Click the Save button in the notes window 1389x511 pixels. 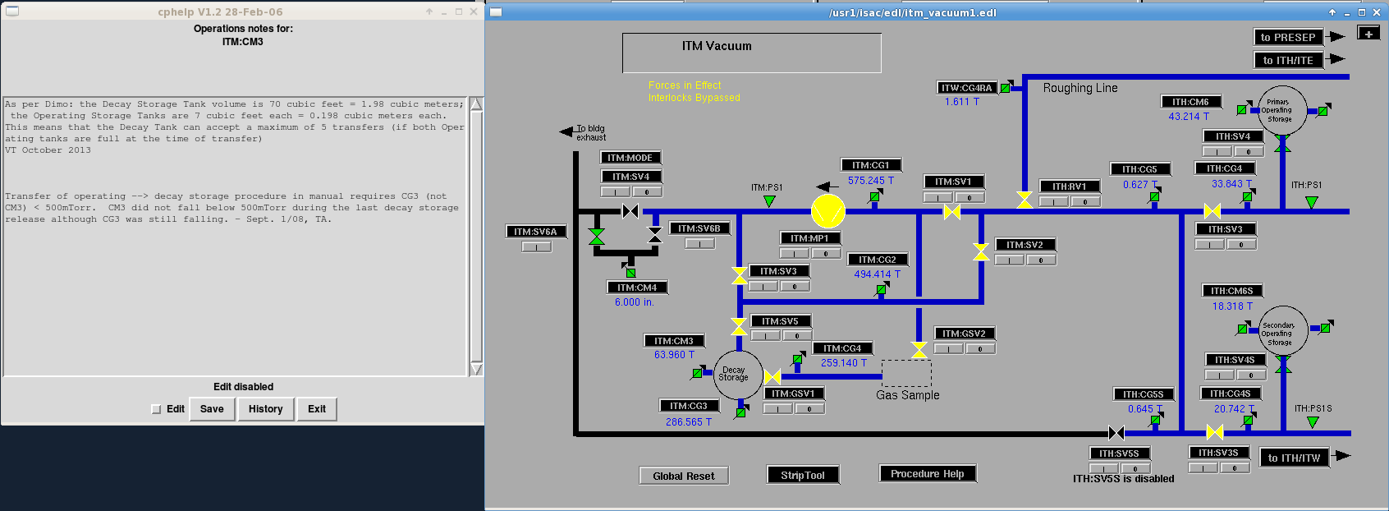pyautogui.click(x=212, y=409)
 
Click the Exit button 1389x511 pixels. pyautogui.click(x=316, y=409)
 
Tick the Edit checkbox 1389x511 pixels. pyautogui.click(x=157, y=409)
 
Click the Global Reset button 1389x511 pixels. pyautogui.click(x=684, y=476)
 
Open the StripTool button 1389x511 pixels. pyautogui.click(x=802, y=475)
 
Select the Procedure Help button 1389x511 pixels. pyautogui.click(x=927, y=473)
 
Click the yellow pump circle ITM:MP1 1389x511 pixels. pyautogui.click(x=827, y=211)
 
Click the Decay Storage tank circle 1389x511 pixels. pyautogui.click(x=737, y=375)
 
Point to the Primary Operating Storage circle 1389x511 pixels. pyautogui.click(x=1281, y=111)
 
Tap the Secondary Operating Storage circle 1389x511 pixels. pyautogui.click(x=1282, y=331)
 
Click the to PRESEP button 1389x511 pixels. pyautogui.click(x=1288, y=37)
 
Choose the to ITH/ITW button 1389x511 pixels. pyautogui.click(x=1294, y=458)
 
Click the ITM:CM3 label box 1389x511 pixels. pyautogui.click(x=674, y=341)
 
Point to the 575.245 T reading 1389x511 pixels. pyautogui.click(x=870, y=181)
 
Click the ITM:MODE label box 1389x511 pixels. pyautogui.click(x=630, y=158)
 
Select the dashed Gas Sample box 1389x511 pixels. pyautogui.click(x=906, y=373)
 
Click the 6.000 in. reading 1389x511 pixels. pyautogui.click(x=634, y=302)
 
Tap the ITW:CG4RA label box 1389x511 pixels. pyautogui.click(x=967, y=88)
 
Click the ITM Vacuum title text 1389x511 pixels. pyautogui.click(x=717, y=47)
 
